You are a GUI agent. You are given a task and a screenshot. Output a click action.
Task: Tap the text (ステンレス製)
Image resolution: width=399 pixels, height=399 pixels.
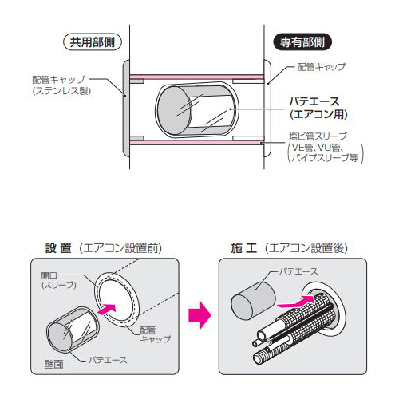[62, 90]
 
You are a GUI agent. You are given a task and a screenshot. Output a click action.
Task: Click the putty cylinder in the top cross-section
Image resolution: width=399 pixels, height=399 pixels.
[194, 110]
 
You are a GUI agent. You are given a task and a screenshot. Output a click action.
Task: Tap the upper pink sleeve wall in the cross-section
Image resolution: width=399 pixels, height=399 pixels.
[196, 77]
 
